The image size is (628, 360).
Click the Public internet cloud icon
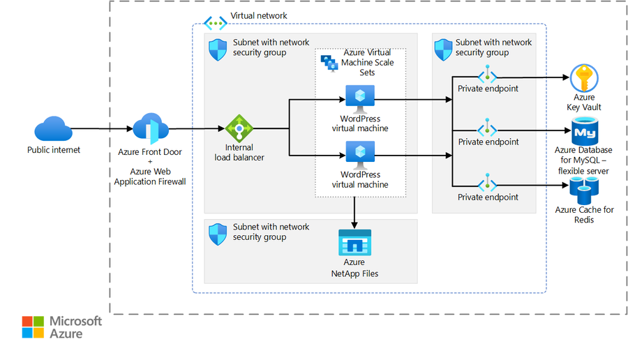(x=53, y=128)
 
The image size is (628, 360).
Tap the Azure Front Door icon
(x=151, y=128)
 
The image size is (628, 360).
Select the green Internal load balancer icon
(x=239, y=128)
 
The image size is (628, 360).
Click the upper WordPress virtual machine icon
(x=360, y=99)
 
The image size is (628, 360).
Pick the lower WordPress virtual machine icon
(x=360, y=155)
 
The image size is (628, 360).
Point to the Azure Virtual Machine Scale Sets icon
(x=329, y=63)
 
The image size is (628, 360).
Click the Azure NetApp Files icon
(x=355, y=242)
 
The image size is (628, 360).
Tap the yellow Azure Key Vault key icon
(x=584, y=78)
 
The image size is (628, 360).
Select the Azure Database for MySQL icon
(x=585, y=131)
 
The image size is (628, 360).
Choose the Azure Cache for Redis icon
(x=584, y=190)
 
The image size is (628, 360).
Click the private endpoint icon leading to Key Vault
(x=487, y=75)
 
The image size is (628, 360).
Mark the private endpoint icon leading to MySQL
(x=487, y=128)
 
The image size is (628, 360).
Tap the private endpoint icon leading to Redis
(x=487, y=183)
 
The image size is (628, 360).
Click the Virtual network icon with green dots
(x=215, y=23)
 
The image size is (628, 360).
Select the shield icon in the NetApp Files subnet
(x=218, y=234)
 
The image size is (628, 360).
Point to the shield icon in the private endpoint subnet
(x=443, y=50)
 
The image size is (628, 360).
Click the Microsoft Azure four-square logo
(x=33, y=327)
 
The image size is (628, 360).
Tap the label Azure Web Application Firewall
(x=150, y=177)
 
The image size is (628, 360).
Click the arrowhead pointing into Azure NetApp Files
(x=354, y=225)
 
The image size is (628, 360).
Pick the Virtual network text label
(x=259, y=15)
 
